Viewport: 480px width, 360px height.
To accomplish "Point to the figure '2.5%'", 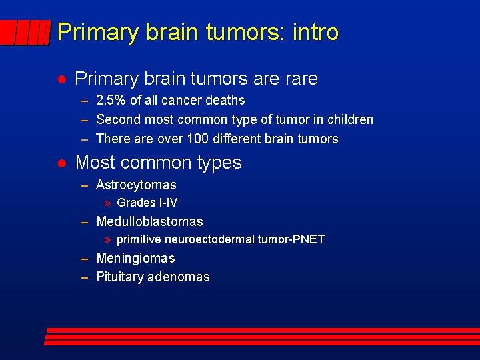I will (111, 101).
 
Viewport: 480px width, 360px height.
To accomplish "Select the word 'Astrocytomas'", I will (136, 185).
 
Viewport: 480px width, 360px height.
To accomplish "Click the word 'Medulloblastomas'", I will (149, 222).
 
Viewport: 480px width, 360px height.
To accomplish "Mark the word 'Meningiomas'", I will (135, 259).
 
